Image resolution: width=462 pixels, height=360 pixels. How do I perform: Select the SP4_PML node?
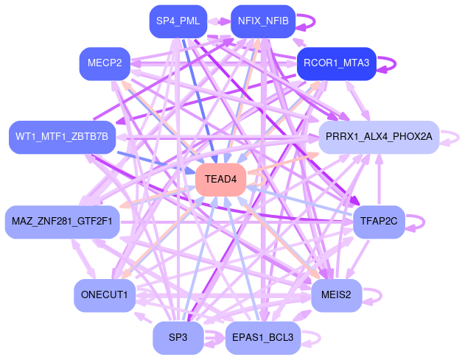click(x=177, y=21)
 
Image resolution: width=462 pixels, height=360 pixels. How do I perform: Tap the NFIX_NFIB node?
click(x=263, y=21)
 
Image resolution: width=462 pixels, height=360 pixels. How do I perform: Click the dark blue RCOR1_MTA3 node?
click(x=336, y=64)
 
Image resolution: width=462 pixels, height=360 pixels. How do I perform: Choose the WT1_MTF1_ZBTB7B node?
click(x=62, y=137)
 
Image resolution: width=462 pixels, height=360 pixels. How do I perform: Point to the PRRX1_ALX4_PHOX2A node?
click(x=378, y=137)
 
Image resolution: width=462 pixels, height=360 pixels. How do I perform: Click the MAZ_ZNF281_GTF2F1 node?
click(x=62, y=222)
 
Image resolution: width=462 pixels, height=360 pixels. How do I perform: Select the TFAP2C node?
click(x=379, y=222)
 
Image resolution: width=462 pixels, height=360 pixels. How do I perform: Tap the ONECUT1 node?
click(x=105, y=294)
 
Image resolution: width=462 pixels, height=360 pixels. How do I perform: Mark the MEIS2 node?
click(x=336, y=294)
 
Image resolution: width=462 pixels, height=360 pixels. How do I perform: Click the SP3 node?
click(x=178, y=338)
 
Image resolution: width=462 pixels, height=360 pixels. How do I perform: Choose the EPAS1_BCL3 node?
click(x=262, y=338)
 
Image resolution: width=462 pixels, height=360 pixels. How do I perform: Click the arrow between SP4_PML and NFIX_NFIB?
click(x=220, y=21)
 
